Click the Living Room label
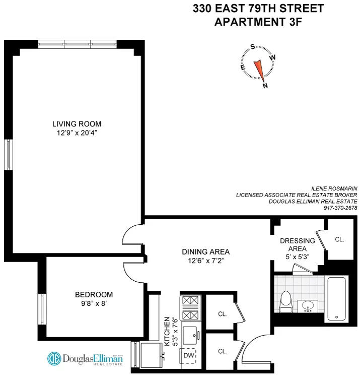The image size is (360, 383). (77, 124)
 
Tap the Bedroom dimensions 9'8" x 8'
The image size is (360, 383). (94, 304)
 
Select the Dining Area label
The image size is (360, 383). (206, 251)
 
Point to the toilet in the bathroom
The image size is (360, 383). (286, 301)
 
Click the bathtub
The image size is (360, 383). (336, 298)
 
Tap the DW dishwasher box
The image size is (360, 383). (189, 355)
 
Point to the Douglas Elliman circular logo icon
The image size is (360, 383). (54, 358)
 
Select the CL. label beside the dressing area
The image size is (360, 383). (339, 239)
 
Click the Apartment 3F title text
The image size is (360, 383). (258, 22)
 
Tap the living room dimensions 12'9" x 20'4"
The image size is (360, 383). (77, 134)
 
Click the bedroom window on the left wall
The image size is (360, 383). (42, 308)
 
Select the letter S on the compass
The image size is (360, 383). (252, 47)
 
